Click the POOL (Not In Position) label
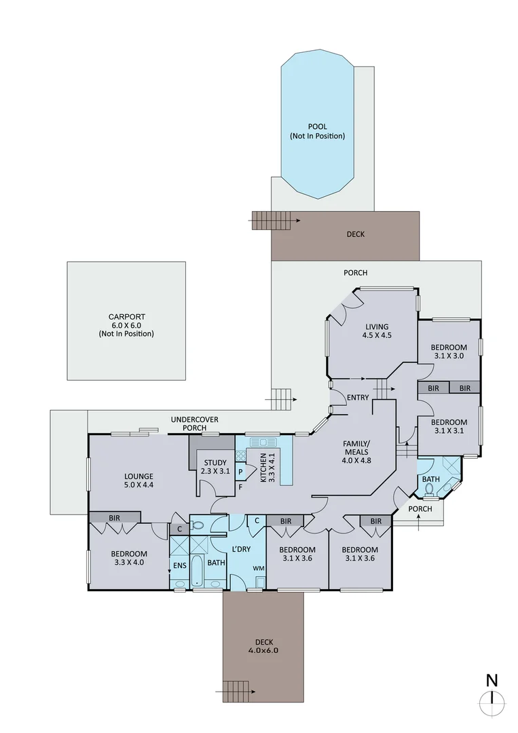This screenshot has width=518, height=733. pyautogui.click(x=317, y=131)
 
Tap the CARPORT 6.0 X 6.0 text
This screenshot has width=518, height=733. pyautogui.click(x=126, y=325)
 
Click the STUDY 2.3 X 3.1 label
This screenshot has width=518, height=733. pyautogui.click(x=215, y=467)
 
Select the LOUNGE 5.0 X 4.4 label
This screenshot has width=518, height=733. pyautogui.click(x=138, y=481)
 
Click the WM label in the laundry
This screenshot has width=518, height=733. pyautogui.click(x=259, y=567)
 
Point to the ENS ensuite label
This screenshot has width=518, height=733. pyautogui.click(x=179, y=565)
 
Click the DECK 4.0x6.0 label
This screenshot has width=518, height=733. pyautogui.click(x=261, y=645)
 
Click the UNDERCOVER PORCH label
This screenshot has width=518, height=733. pyautogui.click(x=194, y=424)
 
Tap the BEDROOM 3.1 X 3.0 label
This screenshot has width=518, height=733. pyautogui.click(x=449, y=351)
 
